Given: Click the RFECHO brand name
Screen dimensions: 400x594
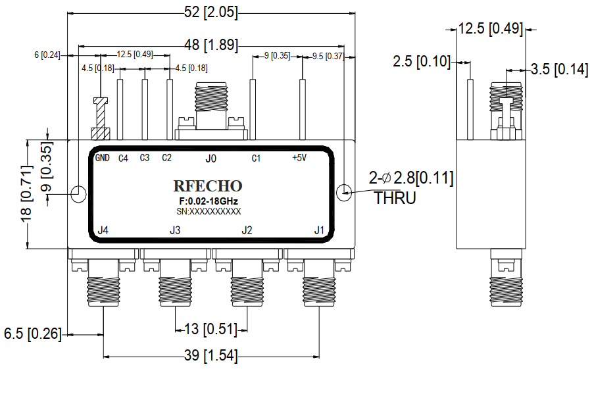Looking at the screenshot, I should coord(208,186).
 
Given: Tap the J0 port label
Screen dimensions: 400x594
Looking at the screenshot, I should coord(210,159).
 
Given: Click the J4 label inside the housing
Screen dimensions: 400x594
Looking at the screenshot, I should coord(103,230).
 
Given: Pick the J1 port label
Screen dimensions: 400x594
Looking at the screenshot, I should coord(319,230).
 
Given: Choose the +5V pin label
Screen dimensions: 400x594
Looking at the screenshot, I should coord(299,158).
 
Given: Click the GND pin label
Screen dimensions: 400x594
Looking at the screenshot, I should coord(102,158).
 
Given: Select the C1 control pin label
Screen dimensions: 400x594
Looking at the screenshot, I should coord(256,159).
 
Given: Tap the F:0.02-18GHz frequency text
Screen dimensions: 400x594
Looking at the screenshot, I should coord(208,201).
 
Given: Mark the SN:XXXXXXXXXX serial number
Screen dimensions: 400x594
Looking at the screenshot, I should coord(208,211).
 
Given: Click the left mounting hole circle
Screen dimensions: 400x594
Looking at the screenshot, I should coord(78,193).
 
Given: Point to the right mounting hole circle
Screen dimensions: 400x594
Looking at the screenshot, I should coord(345,193).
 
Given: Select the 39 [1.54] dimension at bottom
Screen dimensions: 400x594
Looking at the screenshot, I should coord(210,356).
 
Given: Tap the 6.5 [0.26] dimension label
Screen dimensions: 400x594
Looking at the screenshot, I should coord(32,334).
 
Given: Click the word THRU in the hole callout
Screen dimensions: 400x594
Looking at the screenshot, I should coord(395,197).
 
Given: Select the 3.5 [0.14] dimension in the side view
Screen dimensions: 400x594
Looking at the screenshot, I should coord(559,70).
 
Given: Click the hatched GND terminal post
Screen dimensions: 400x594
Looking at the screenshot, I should coord(100,118).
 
